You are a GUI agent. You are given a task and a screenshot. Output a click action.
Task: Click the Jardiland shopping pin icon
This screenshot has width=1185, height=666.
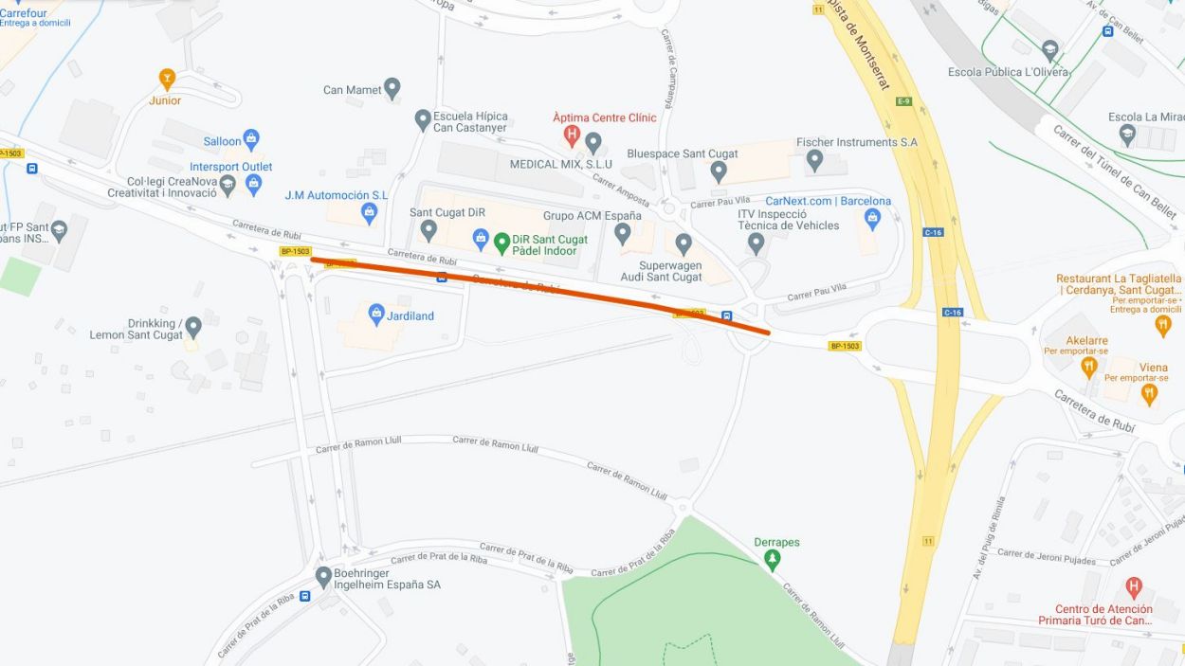tap(376, 314)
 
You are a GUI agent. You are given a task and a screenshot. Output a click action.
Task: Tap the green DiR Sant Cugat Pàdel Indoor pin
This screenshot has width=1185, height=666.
tap(502, 243)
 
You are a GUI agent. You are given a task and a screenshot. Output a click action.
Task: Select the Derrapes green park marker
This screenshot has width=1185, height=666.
tap(773, 559)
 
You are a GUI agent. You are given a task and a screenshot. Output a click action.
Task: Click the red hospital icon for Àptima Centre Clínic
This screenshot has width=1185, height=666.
tap(572, 135)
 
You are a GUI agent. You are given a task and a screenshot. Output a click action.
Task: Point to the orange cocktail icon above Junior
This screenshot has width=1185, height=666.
tap(167, 79)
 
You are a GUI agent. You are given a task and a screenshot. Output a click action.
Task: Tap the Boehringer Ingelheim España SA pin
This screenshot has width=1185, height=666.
tap(323, 576)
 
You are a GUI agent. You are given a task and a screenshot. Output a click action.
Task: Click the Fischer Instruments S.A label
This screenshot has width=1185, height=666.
tap(856, 142)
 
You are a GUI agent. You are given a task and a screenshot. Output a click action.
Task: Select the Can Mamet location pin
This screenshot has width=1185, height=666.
tap(392, 89)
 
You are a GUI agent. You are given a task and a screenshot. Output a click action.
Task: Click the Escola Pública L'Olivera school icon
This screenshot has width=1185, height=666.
tap(1049, 50)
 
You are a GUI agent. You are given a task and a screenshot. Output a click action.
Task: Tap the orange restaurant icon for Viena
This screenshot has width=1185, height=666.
tap(1150, 392)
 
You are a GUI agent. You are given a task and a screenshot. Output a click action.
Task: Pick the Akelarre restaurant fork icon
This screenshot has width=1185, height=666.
tap(1089, 365)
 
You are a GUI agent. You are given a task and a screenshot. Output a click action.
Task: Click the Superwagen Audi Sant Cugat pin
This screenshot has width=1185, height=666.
tap(684, 244)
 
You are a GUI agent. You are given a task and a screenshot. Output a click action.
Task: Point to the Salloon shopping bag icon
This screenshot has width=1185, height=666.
tap(251, 140)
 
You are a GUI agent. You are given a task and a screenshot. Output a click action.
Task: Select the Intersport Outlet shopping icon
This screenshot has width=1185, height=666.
tap(253, 184)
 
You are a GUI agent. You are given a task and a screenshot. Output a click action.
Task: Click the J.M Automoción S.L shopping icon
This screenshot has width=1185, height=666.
tap(370, 213)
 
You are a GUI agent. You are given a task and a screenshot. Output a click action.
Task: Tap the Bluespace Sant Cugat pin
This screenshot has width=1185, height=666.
tap(719, 171)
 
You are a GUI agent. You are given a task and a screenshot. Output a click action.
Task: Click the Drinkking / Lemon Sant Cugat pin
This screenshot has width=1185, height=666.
tap(193, 328)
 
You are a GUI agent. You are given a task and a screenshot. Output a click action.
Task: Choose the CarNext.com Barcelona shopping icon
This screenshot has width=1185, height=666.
tap(873, 219)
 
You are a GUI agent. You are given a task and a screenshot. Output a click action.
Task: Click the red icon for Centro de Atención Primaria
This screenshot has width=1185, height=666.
tap(1133, 587)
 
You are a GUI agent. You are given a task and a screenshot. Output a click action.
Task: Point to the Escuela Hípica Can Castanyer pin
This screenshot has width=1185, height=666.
tap(423, 120)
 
